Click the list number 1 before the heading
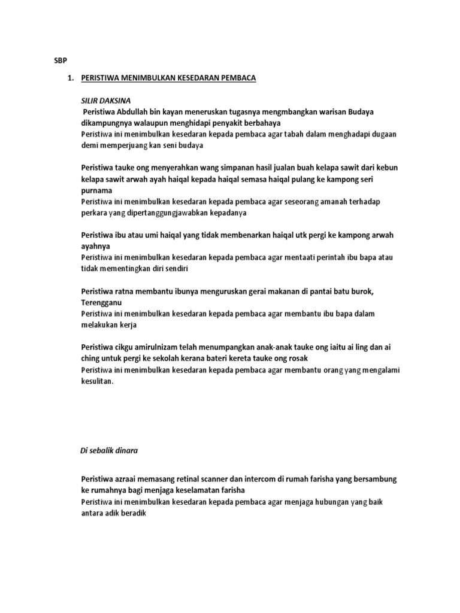click(69, 78)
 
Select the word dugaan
click(382, 134)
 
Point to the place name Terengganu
click(101, 302)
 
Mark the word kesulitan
click(96, 381)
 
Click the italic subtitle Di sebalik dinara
click(110, 450)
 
